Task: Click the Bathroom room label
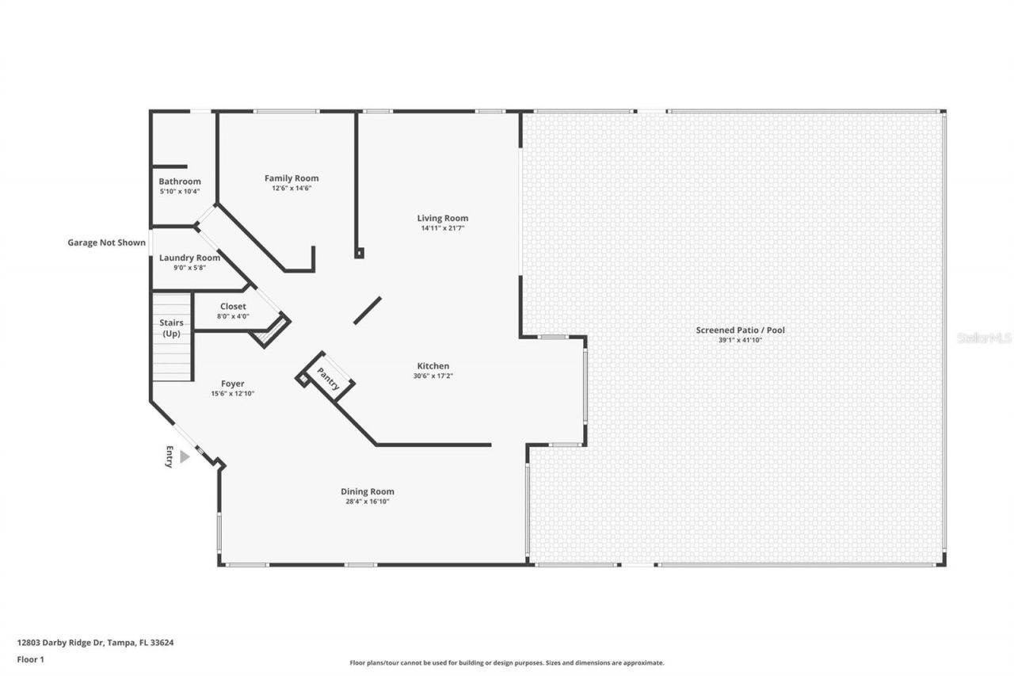pos(180,181)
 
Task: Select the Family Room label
pos(292,178)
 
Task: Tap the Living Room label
pos(443,218)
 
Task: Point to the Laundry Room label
pos(189,258)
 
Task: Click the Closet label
pos(233,306)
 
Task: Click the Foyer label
pos(233,384)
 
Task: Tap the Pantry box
pos(328,379)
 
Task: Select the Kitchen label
pos(433,366)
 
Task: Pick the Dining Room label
pos(368,491)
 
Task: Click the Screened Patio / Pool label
pos(740,330)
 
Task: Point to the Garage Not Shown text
pos(106,243)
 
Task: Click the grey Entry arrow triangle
pos(185,456)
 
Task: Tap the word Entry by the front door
pos(169,457)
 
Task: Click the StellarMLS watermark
pos(984,338)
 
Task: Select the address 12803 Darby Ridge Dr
pos(95,643)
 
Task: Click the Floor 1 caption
pos(31,659)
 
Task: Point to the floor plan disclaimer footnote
pos(507,663)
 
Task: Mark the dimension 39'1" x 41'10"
pos(740,340)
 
